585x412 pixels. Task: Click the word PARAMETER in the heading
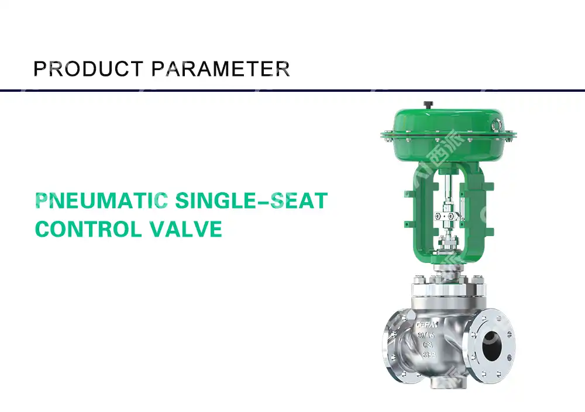[221, 69]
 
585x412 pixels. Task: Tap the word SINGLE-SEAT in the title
[250, 200]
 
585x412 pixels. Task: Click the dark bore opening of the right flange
[493, 348]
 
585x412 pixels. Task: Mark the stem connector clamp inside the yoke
[446, 216]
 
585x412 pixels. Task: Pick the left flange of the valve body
[392, 349]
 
